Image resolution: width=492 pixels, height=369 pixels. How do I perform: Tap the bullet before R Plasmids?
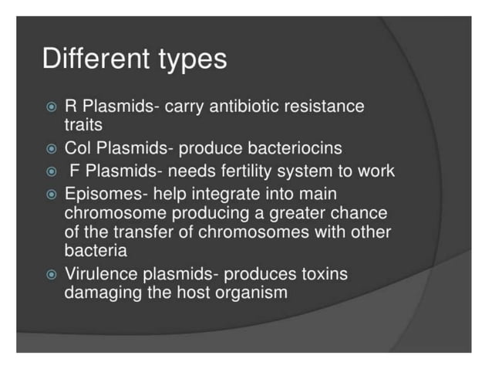pyautogui.click(x=52, y=107)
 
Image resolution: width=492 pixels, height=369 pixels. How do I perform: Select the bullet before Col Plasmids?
pyautogui.click(x=52, y=148)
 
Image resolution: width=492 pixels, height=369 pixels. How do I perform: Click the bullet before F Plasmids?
pyautogui.click(x=52, y=171)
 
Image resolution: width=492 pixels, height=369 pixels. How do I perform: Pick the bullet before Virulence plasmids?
pyautogui.click(x=52, y=274)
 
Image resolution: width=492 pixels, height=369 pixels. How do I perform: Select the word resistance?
pyautogui.click(x=325, y=106)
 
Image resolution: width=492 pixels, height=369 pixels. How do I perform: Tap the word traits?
pyautogui.click(x=83, y=125)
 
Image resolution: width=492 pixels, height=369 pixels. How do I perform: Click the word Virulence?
pyautogui.click(x=98, y=274)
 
